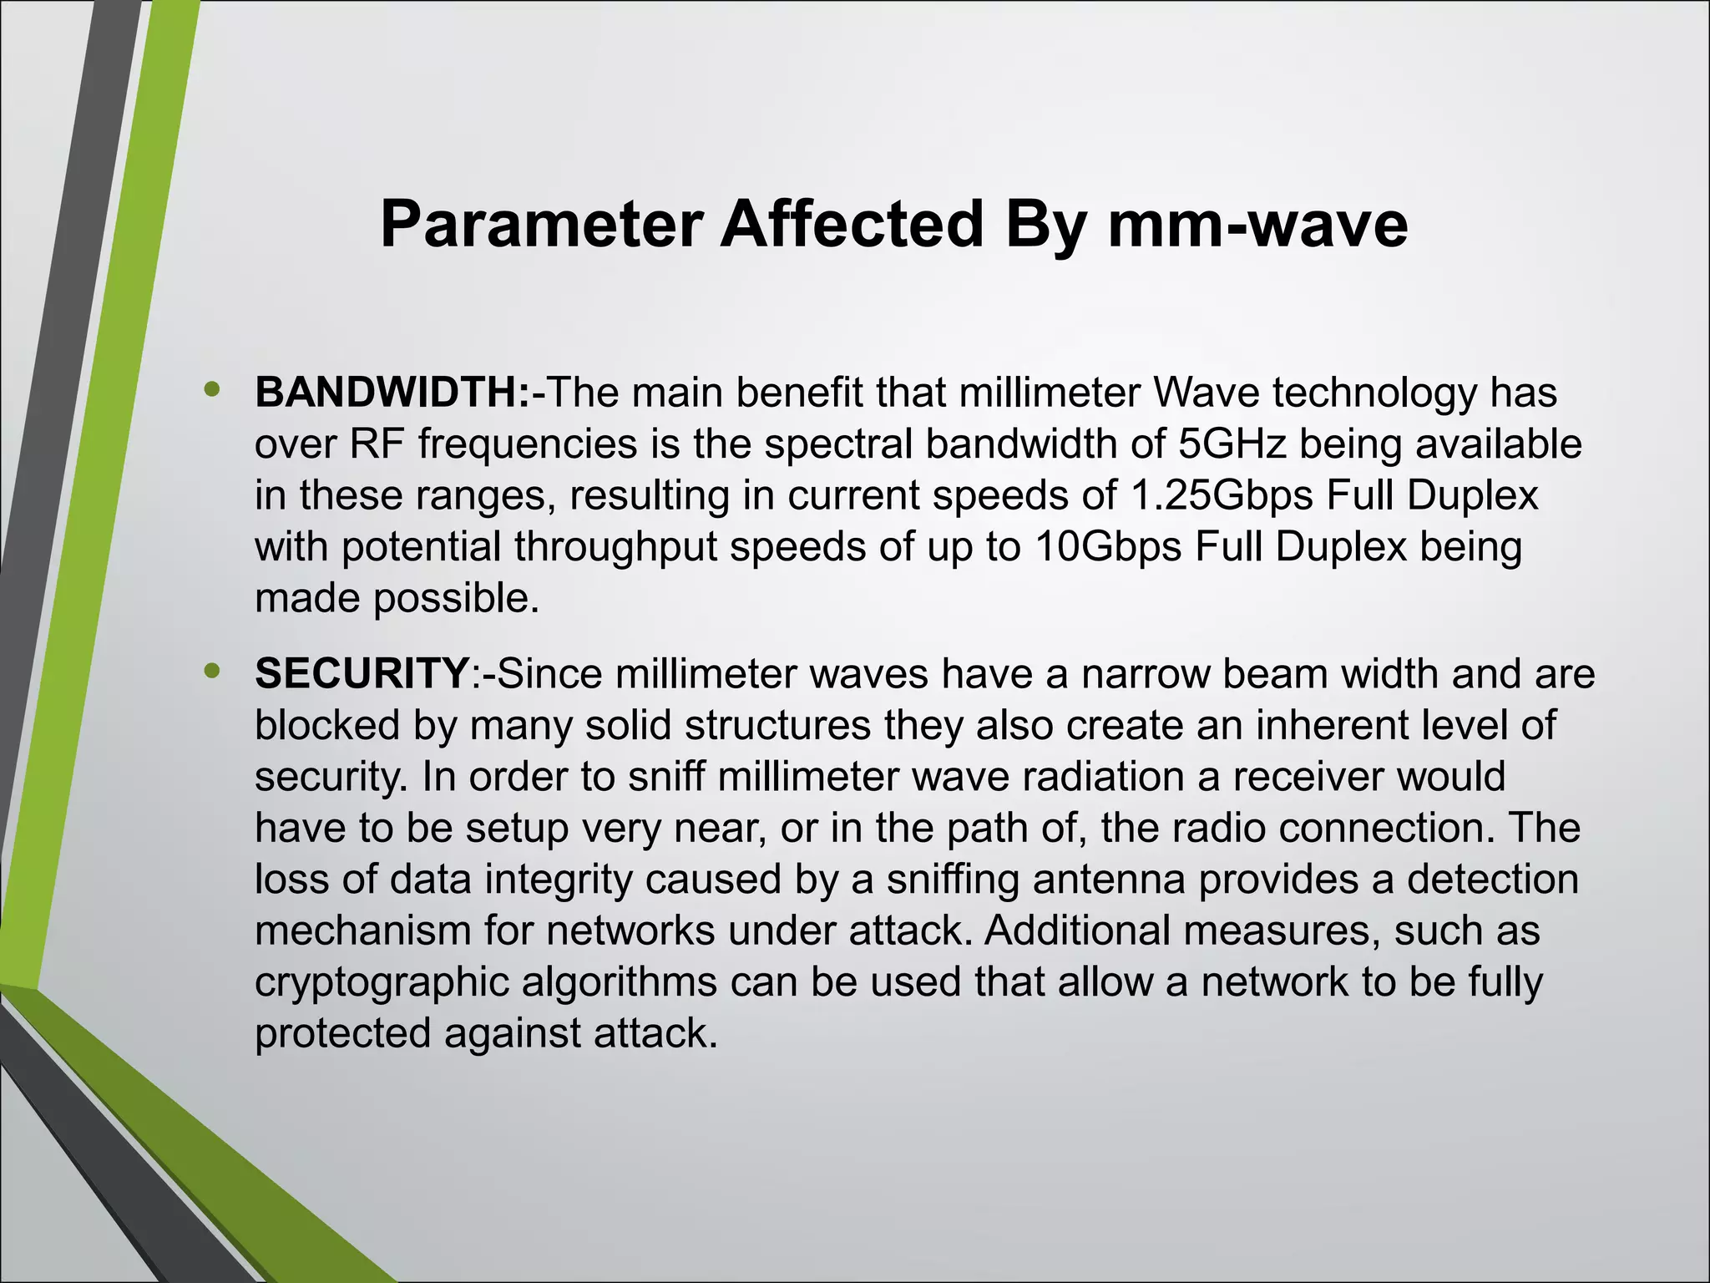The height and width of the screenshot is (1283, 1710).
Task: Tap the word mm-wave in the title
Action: [1257, 225]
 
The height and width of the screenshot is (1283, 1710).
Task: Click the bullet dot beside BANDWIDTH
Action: [213, 388]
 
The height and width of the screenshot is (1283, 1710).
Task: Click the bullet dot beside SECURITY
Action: [213, 669]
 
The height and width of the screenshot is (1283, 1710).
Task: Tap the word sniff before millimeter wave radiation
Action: [667, 777]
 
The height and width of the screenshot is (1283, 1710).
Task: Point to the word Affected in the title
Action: [852, 225]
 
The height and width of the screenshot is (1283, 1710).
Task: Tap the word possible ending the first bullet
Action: [456, 599]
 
